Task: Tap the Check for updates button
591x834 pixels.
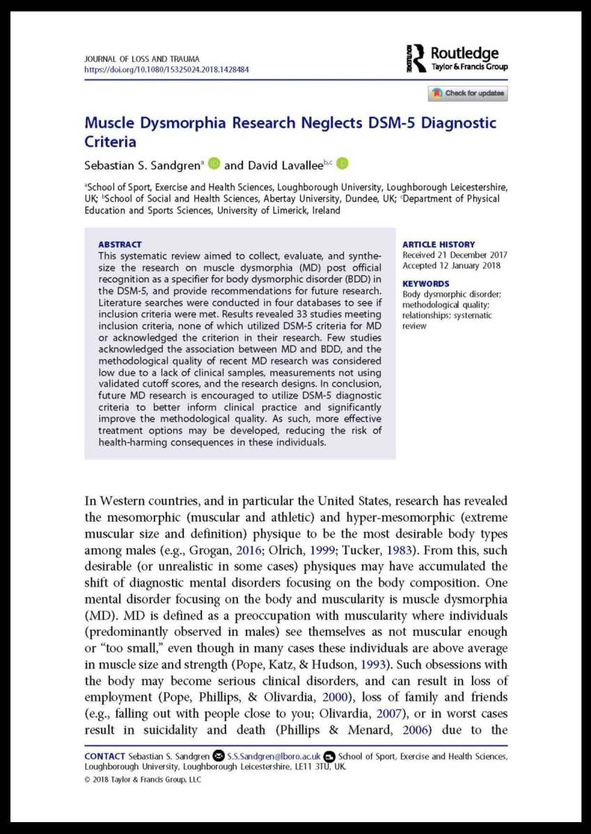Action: coord(468,93)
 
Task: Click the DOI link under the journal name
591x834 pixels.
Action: coord(166,70)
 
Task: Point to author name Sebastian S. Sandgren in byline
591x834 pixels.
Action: coord(142,165)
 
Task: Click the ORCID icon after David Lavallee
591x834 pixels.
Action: coord(342,164)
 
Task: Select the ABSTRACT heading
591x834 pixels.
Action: coord(120,245)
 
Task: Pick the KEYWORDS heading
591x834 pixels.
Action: coord(426,284)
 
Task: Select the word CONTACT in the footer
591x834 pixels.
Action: coord(104,756)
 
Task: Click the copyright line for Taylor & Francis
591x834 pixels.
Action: coord(143,780)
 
